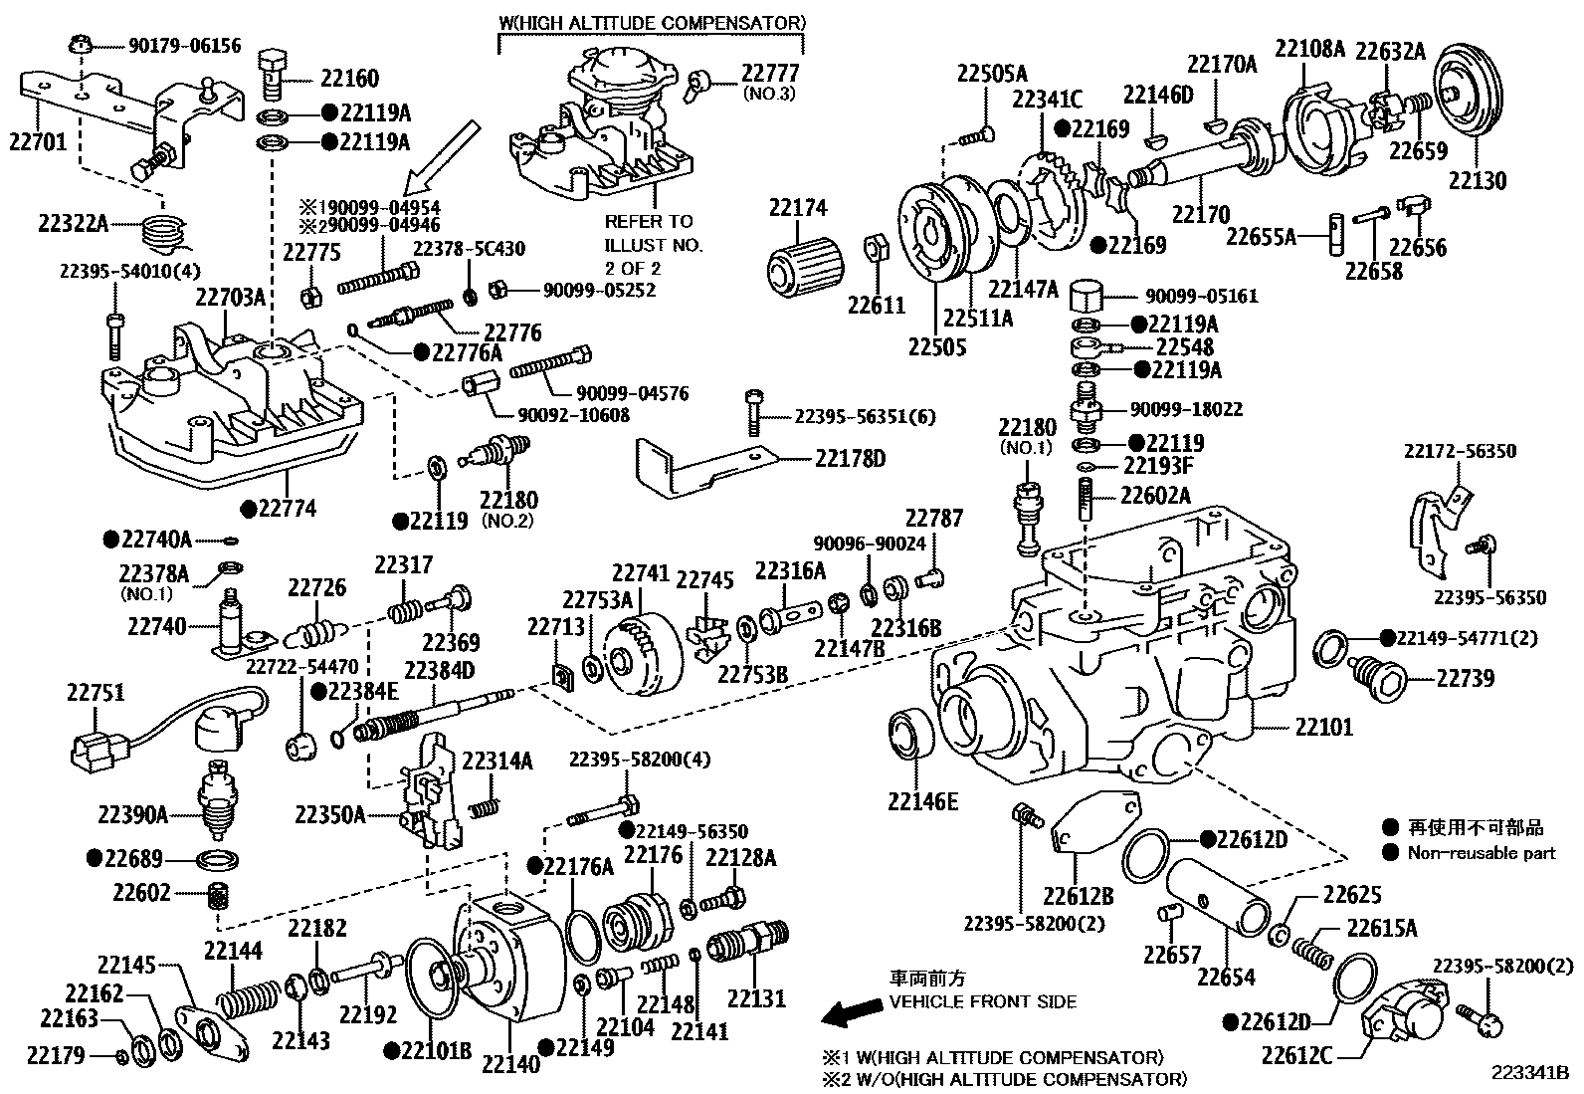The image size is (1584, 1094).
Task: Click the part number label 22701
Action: (x=38, y=141)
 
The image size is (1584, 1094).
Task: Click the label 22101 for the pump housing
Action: (x=1323, y=727)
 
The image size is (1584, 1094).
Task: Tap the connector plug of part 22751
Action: (x=96, y=751)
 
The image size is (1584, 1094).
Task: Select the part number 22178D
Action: (x=850, y=458)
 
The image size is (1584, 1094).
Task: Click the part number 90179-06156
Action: (x=184, y=46)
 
